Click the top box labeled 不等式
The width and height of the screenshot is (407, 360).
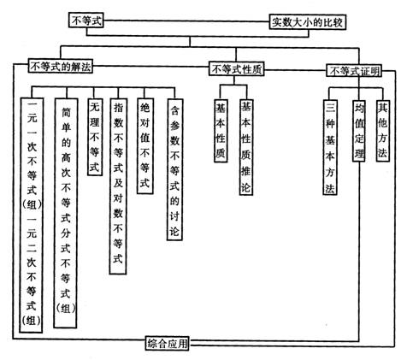(86, 21)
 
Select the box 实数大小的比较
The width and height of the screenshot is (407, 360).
(308, 22)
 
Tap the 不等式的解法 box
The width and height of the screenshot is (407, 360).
(61, 66)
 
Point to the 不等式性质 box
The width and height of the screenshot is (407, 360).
(237, 69)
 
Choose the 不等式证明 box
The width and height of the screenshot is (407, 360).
(354, 71)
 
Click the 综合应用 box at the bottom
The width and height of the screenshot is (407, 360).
(167, 343)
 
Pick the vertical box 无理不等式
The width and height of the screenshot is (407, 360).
(95, 137)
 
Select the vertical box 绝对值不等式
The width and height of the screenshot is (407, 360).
(145, 146)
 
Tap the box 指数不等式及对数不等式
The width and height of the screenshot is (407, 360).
(118, 186)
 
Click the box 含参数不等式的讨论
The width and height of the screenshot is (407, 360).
(174, 169)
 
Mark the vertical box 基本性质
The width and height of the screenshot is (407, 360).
(221, 131)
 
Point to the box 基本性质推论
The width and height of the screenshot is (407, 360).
(246, 147)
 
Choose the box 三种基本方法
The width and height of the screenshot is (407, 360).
(330, 147)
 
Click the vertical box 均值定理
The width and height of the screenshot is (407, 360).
(358, 131)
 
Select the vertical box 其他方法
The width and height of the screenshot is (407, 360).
(382, 131)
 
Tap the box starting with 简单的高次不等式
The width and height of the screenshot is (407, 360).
(66, 213)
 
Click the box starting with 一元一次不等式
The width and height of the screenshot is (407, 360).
(32, 215)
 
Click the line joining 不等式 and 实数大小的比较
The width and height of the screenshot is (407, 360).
(186, 21)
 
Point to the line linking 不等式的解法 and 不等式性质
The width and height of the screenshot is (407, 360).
(150, 67)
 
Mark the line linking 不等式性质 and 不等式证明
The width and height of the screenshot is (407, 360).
(295, 70)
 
